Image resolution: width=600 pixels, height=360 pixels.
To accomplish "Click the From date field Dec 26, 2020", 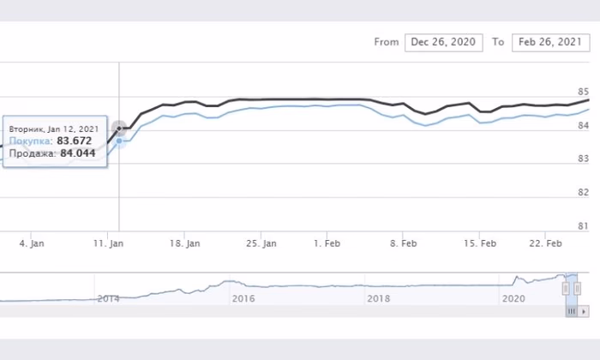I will point(443,42).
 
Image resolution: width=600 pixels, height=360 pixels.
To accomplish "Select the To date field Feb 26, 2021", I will point(549,42).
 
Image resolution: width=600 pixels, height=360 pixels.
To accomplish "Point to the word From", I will point(387,42).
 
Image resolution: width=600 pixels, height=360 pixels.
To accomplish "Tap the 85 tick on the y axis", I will point(584,92).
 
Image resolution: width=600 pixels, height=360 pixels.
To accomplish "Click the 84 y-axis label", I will point(584,126).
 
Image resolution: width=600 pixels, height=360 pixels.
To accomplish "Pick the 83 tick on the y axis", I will point(584,159).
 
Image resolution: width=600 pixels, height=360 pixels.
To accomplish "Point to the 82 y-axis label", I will point(584,193).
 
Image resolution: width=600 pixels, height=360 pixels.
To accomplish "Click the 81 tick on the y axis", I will point(584,226).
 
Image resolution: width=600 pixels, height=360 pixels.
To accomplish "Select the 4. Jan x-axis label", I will point(31,243).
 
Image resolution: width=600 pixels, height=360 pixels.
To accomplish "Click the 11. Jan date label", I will point(107,243).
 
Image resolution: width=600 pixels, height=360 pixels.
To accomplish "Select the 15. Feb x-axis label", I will point(480,243).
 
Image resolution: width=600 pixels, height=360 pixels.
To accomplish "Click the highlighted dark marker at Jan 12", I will point(120,129).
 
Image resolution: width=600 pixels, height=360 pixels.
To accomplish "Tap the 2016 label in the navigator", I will point(243,298).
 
